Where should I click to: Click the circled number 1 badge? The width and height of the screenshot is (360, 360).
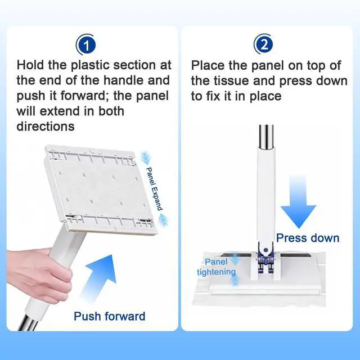(x=85, y=45)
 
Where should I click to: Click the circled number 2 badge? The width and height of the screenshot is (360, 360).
(x=264, y=44)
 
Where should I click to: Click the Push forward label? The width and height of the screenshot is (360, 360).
(x=110, y=316)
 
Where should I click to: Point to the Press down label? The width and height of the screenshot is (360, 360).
(x=308, y=238)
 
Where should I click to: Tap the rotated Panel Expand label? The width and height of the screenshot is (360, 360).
(x=154, y=189)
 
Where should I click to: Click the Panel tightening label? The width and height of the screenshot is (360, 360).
(x=216, y=267)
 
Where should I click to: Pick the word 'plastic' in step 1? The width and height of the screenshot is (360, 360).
(x=90, y=65)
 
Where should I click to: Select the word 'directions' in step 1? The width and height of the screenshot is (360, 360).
(x=46, y=126)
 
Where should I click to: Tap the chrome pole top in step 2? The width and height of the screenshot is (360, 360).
(x=266, y=137)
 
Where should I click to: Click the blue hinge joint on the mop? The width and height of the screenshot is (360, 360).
(x=266, y=258)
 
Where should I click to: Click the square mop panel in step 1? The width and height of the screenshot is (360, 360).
(x=101, y=190)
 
